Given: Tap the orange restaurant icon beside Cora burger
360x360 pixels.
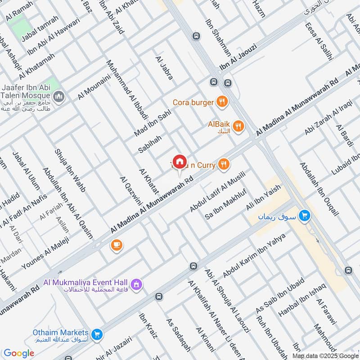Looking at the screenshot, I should (x=221, y=102).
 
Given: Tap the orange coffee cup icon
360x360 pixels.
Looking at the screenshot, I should (x=117, y=245).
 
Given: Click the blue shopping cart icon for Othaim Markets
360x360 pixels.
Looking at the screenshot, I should (x=96, y=334).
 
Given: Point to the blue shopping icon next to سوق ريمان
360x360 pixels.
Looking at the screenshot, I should (x=305, y=216).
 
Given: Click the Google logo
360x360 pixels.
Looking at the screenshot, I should (x=19, y=353).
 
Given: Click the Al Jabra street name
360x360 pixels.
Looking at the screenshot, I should (x=164, y=68).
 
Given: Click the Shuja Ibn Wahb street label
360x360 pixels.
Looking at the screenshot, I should (x=70, y=171).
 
